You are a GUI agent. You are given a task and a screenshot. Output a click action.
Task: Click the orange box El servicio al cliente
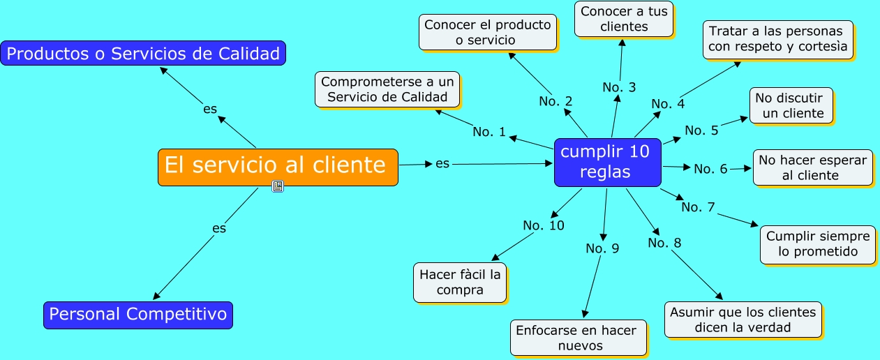(x=278, y=167)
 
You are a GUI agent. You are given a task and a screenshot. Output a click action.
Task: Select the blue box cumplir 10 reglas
(x=607, y=162)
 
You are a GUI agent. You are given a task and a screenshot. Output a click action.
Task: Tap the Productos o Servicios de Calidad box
(x=143, y=53)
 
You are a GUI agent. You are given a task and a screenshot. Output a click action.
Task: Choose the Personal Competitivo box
(x=137, y=315)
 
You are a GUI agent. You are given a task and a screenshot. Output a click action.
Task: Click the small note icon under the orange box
(x=278, y=186)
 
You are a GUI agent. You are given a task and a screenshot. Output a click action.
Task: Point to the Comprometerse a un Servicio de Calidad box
(x=387, y=89)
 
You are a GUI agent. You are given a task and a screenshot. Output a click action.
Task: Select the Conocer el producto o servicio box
(x=488, y=32)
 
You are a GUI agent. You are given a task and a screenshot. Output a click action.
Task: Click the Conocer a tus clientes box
(x=624, y=19)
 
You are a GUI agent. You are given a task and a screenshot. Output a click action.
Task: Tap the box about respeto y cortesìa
(x=778, y=39)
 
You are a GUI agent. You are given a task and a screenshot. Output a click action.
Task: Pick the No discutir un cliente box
(x=791, y=105)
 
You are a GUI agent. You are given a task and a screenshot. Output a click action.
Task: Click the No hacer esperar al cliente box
(x=812, y=167)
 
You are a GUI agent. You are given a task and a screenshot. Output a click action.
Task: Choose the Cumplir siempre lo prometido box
(x=817, y=244)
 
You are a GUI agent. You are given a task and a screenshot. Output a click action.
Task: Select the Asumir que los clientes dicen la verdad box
(x=740, y=320)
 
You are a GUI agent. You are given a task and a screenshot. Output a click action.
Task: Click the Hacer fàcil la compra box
(x=460, y=282)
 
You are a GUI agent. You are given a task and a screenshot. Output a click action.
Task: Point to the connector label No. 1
(x=489, y=131)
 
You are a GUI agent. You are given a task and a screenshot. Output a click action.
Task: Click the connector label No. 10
(x=544, y=225)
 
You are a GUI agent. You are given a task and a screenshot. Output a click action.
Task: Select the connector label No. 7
(x=698, y=207)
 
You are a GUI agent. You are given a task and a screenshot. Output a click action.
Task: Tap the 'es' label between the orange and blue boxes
(x=442, y=163)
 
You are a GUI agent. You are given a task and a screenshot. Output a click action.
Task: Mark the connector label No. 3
(x=619, y=87)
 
